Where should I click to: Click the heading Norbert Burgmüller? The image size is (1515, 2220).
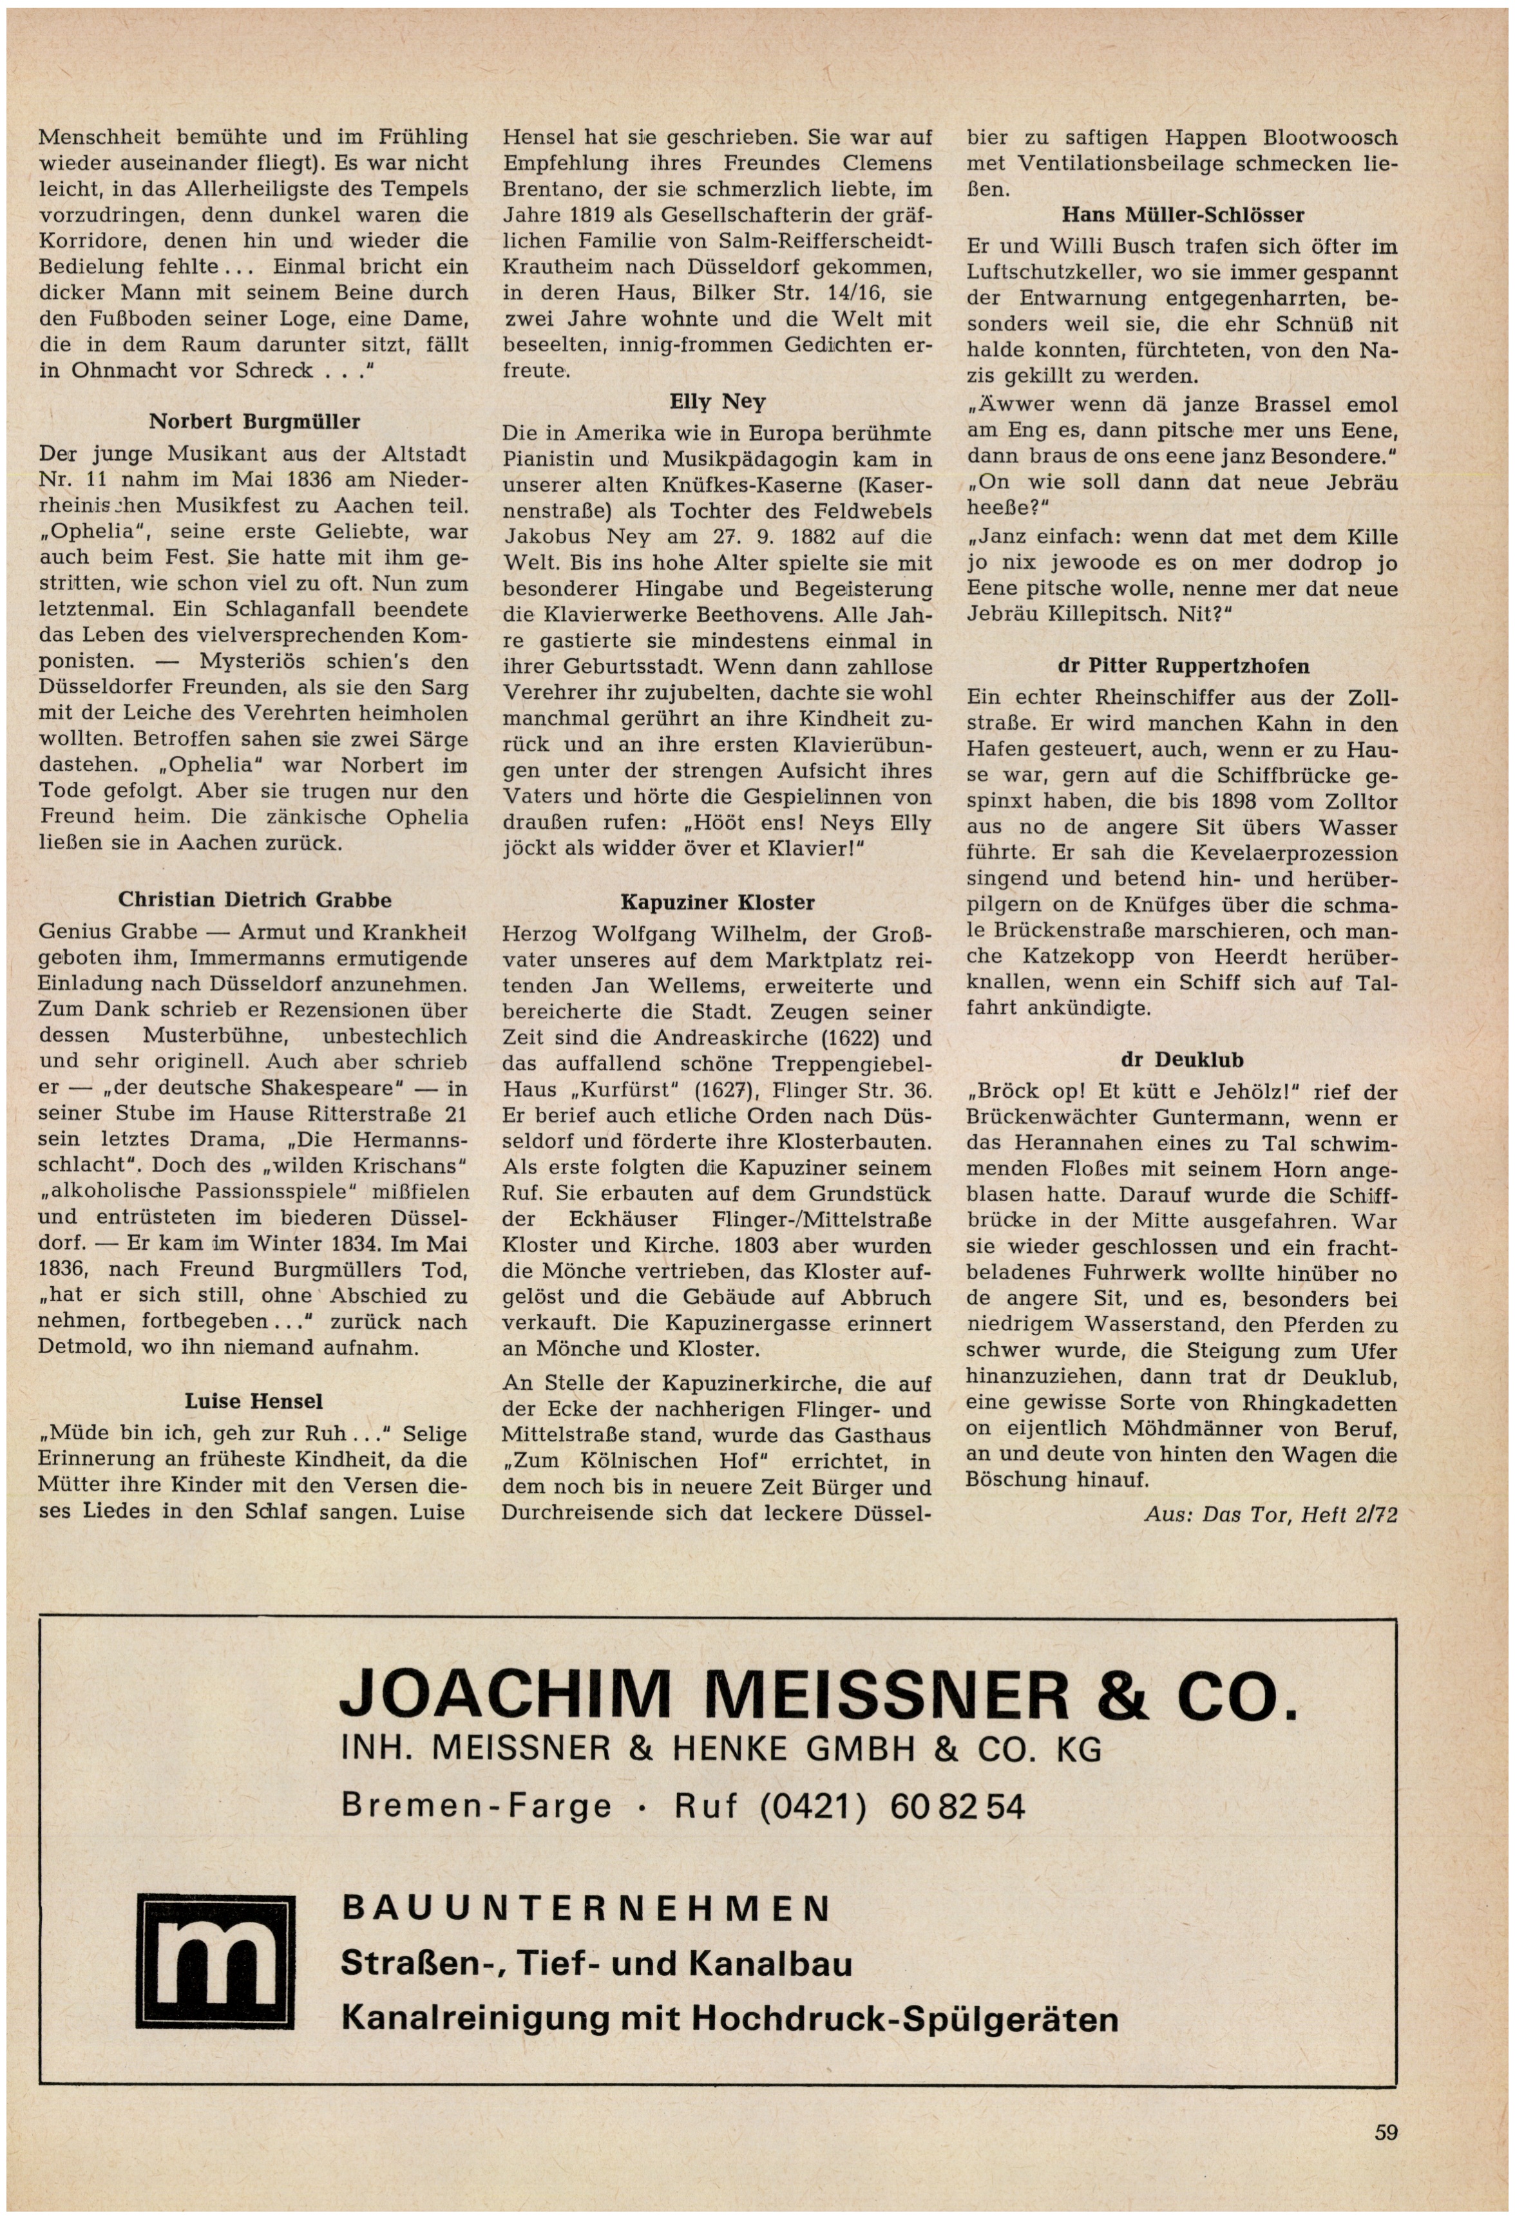coord(254,421)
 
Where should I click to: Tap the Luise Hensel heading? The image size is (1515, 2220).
coord(254,1401)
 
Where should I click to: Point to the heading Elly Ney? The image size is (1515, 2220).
coord(718,401)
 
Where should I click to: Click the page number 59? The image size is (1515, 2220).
coord(1386,2131)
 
